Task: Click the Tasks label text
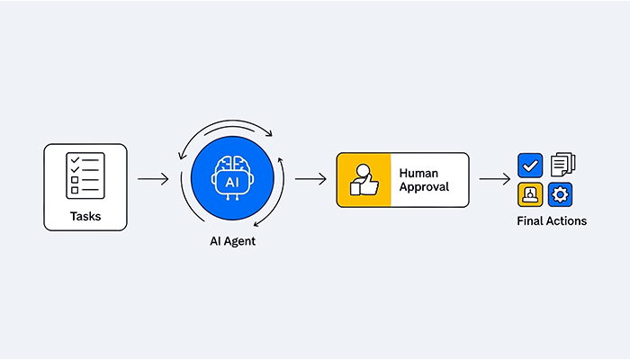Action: coord(85,216)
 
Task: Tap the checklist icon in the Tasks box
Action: coord(85,175)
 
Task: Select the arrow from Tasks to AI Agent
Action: coord(153,179)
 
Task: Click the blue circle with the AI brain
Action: coord(232,178)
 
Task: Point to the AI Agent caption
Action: coord(232,241)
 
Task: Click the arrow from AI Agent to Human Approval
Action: coord(310,179)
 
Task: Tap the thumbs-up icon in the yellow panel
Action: coord(364,180)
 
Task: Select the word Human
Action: coord(418,173)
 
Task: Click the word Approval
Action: coord(424,187)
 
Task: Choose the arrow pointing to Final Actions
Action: coord(495,179)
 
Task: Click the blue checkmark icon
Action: coord(530,165)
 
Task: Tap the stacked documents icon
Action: coord(562,164)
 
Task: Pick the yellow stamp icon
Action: coord(530,194)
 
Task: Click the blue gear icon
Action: coord(560,194)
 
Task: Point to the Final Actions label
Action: coord(552,221)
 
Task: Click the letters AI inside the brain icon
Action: coord(232,183)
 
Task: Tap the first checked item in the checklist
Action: coord(85,160)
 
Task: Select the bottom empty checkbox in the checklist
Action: coord(75,190)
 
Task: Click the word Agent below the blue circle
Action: coord(240,241)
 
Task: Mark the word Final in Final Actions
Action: coord(528,221)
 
